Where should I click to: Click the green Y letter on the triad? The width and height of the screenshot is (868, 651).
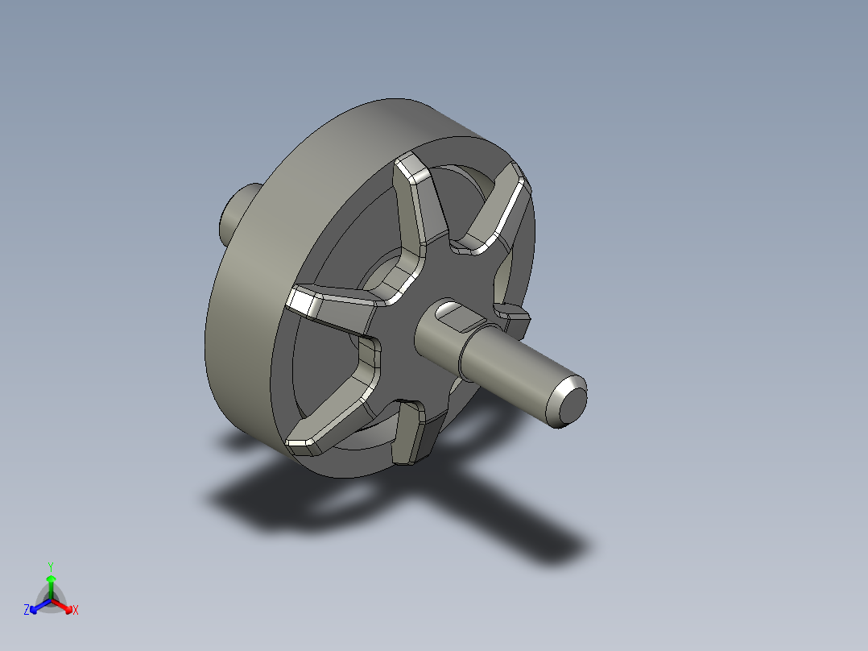(x=50, y=566)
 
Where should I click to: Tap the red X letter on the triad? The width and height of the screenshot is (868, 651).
(x=75, y=610)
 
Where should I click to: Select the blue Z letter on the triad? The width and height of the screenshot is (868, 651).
(x=27, y=610)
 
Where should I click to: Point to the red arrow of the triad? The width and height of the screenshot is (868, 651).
(x=64, y=605)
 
